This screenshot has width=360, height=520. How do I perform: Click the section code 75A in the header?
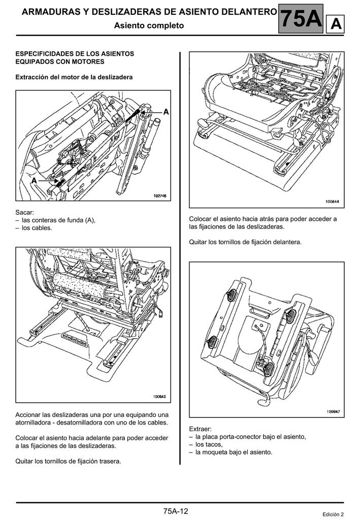pyautogui.click(x=301, y=19)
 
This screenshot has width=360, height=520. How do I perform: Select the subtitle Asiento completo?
pyautogui.click(x=149, y=25)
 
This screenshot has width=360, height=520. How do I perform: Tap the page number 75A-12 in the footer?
pyautogui.click(x=176, y=510)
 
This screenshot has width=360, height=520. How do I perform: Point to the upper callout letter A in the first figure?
pyautogui.click(x=167, y=111)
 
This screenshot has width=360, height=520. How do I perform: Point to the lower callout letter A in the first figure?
pyautogui.click(x=34, y=180)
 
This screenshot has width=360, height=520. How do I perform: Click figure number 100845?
pyautogui.click(x=160, y=397)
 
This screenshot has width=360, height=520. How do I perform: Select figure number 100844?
pyautogui.click(x=333, y=202)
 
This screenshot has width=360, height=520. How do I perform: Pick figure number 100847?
pyautogui.click(x=333, y=412)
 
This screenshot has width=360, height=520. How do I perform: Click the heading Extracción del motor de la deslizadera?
pyautogui.click(x=74, y=77)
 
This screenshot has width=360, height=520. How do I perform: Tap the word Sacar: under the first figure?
pyautogui.click(x=25, y=212)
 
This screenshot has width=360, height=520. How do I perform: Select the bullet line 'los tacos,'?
pyautogui.click(x=209, y=444)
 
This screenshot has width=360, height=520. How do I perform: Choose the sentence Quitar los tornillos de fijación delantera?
pyautogui.click(x=245, y=242)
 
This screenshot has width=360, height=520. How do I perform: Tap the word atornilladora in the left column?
pyautogui.click(x=35, y=422)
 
